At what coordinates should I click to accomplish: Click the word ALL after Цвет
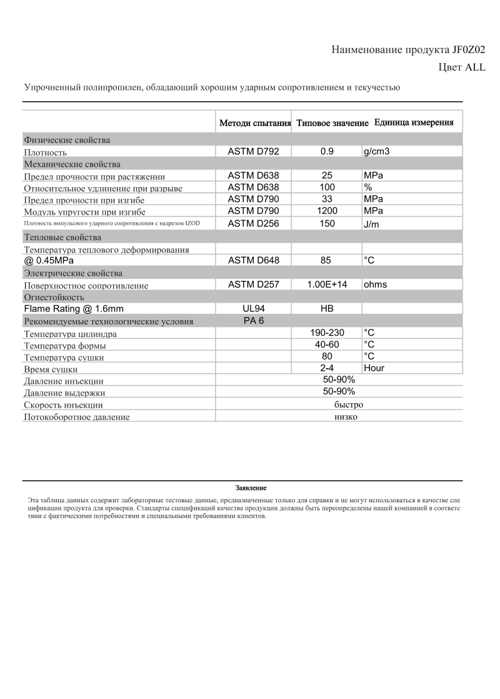click(473, 67)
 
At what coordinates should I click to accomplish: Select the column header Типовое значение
click(332, 123)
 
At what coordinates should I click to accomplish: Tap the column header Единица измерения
click(414, 122)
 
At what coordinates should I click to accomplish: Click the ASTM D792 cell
click(253, 152)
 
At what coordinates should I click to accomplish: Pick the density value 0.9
click(327, 152)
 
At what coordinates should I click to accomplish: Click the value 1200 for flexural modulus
click(327, 211)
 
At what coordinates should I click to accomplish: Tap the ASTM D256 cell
click(253, 223)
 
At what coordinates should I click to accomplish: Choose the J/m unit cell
click(372, 224)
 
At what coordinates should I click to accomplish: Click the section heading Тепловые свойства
click(62, 237)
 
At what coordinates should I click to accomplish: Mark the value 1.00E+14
click(327, 285)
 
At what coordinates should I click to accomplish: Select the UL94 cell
click(253, 308)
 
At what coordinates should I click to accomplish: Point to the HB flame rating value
click(327, 308)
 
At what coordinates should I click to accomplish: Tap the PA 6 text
click(253, 320)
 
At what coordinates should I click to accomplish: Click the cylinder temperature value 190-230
click(327, 333)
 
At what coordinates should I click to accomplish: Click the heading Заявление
click(251, 487)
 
